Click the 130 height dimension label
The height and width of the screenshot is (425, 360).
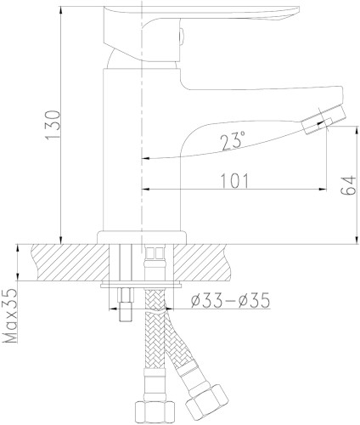tap(53, 125)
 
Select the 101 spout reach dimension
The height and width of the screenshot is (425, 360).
tap(234, 180)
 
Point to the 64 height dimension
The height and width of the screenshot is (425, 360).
tap(348, 185)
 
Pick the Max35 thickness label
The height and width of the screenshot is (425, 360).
tap(11, 316)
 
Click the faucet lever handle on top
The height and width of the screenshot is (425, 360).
tap(198, 32)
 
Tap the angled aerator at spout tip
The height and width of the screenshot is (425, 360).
tap(323, 121)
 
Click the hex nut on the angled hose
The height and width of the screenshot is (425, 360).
tap(206, 400)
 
